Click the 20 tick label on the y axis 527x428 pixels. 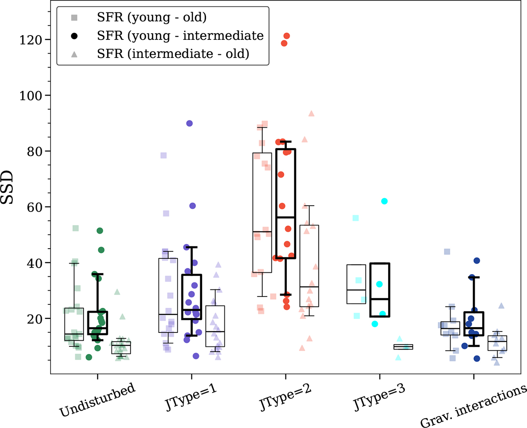37,319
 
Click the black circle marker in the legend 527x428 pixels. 75,36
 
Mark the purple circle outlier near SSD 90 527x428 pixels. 189,123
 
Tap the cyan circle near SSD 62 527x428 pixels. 384,201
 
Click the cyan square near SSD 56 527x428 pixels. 355,218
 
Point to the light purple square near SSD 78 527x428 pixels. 163,155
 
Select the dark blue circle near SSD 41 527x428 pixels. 477,260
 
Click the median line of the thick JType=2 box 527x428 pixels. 286,218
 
